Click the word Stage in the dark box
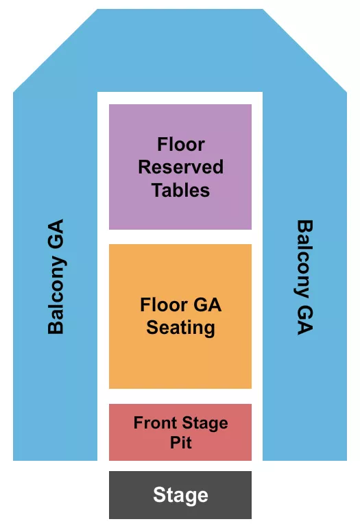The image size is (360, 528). click(x=180, y=495)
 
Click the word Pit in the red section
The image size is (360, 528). click(x=181, y=443)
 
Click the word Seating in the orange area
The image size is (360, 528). click(x=180, y=328)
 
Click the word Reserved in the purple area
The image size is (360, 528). click(x=181, y=167)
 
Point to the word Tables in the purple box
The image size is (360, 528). click(x=180, y=190)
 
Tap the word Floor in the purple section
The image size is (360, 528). click(x=181, y=145)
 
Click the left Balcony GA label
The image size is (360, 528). click(x=56, y=276)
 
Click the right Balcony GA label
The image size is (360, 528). click(x=304, y=276)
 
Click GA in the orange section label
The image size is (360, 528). click(x=208, y=305)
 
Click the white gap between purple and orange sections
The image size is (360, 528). click(x=180, y=237)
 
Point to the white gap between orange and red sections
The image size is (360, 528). click(x=180, y=396)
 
